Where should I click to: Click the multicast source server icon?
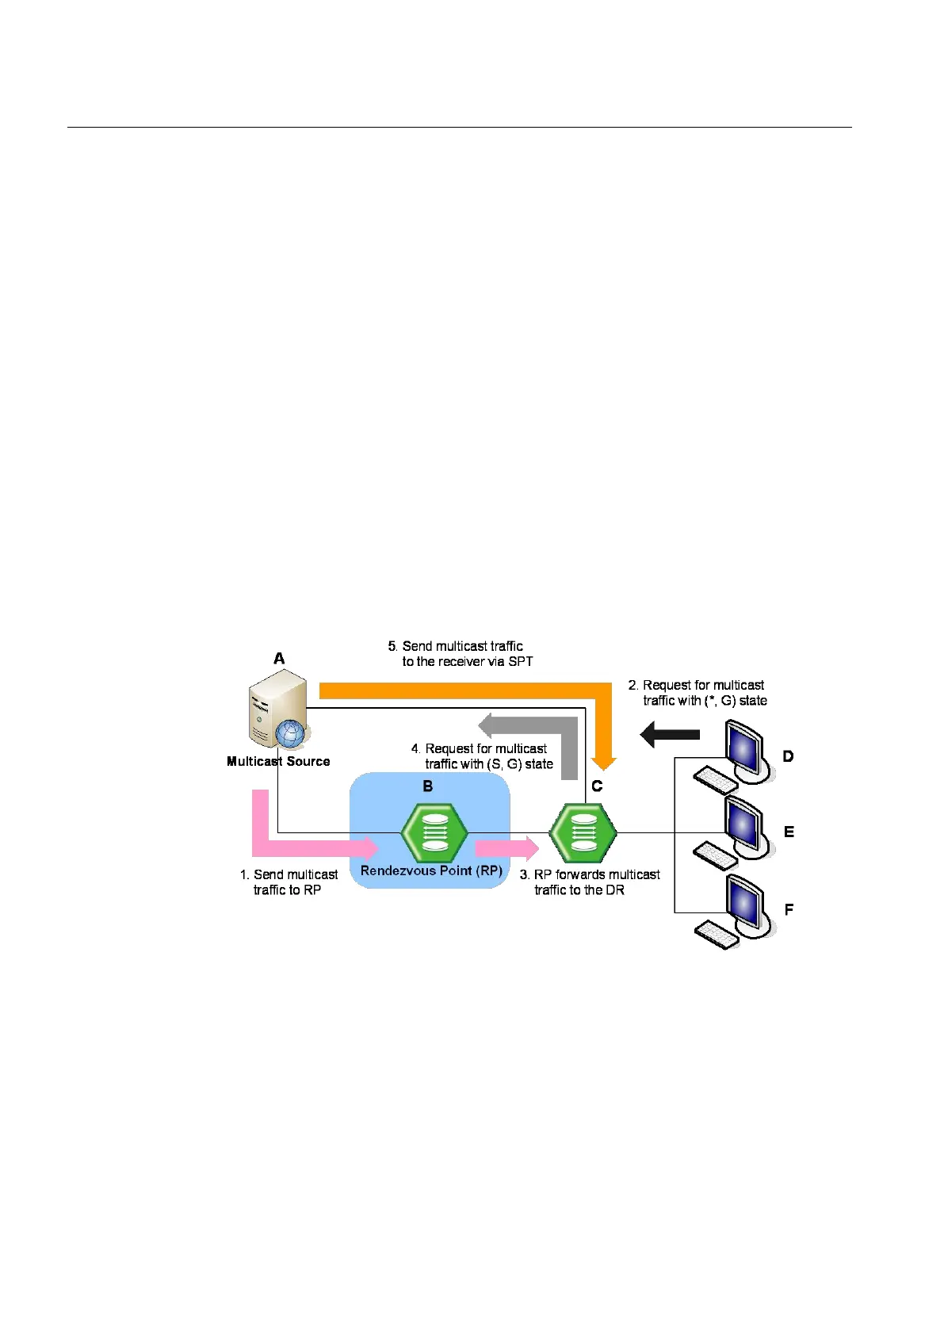(277, 707)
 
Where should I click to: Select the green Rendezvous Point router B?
(434, 833)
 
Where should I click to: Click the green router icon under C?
(583, 833)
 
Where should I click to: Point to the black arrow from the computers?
(670, 735)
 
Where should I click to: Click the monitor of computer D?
(746, 749)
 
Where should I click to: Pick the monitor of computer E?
(746, 825)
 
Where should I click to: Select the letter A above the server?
(279, 659)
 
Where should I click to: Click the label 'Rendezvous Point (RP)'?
(431, 870)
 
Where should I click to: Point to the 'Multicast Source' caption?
(278, 761)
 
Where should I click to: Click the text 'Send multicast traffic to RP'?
(289, 882)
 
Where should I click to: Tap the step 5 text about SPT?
(461, 654)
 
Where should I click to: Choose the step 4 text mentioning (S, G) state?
(483, 756)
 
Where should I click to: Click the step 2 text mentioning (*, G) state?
(698, 693)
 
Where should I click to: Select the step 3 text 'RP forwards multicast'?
(590, 882)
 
